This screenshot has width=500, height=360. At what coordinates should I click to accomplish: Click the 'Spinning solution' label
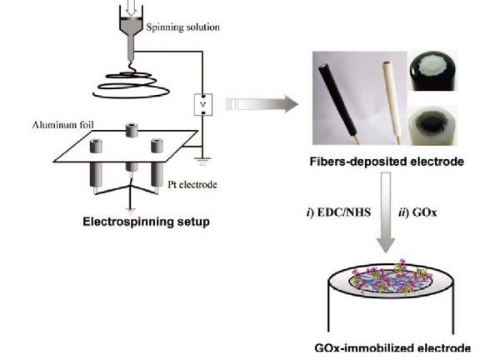click(183, 27)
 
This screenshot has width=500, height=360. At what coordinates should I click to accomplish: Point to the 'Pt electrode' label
click(197, 184)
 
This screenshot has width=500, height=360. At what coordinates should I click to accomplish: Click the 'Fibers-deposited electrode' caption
click(386, 160)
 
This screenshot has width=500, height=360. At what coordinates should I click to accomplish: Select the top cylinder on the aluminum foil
click(131, 131)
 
